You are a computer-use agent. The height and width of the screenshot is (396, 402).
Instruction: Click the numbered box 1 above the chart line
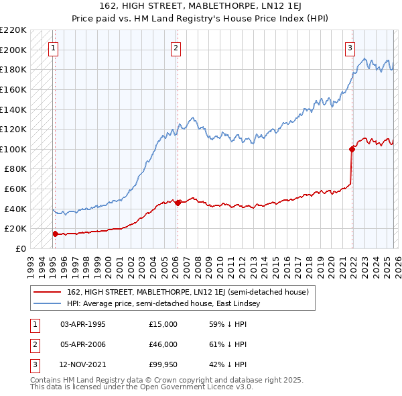53,48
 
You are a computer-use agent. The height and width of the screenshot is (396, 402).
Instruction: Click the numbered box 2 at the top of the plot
176,48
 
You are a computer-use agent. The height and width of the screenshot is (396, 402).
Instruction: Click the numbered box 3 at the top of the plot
350,48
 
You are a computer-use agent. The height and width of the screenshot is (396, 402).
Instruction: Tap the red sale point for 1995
55,234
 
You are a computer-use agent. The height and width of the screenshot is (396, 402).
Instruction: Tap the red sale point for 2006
178,203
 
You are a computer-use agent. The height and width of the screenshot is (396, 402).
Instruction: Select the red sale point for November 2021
352,149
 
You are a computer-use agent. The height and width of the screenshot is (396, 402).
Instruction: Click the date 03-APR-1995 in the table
82,324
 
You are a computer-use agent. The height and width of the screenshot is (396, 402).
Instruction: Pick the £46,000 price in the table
163,344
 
